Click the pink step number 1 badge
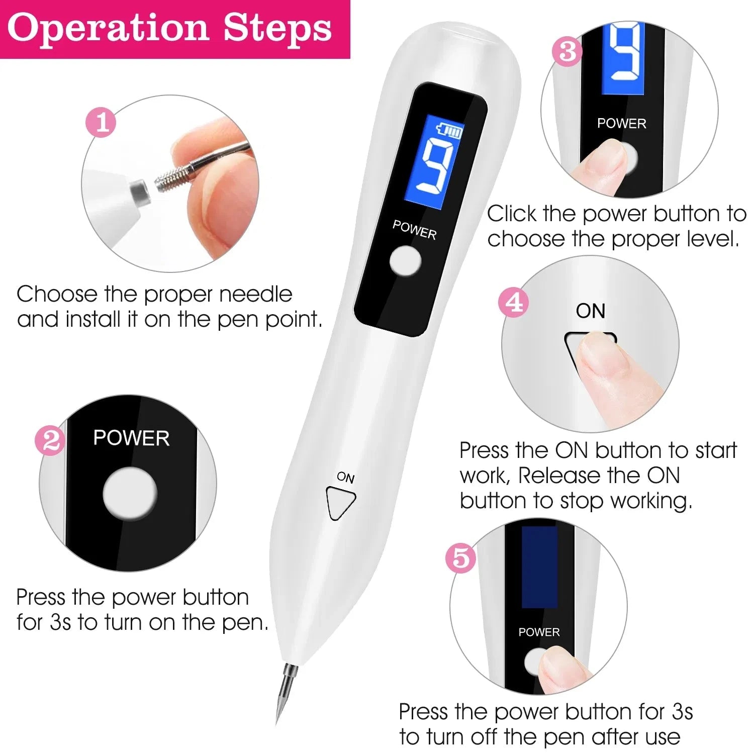click(x=101, y=123)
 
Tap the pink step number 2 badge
click(x=50, y=441)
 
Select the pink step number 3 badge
click(x=567, y=51)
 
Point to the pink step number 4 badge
click(x=513, y=303)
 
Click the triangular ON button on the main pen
click(x=340, y=502)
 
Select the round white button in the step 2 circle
click(x=130, y=494)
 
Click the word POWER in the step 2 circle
click(x=131, y=438)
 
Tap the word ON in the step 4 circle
click(x=590, y=311)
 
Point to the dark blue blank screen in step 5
click(x=539, y=567)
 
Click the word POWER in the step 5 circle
click(x=539, y=632)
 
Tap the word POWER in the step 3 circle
click(x=621, y=123)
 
